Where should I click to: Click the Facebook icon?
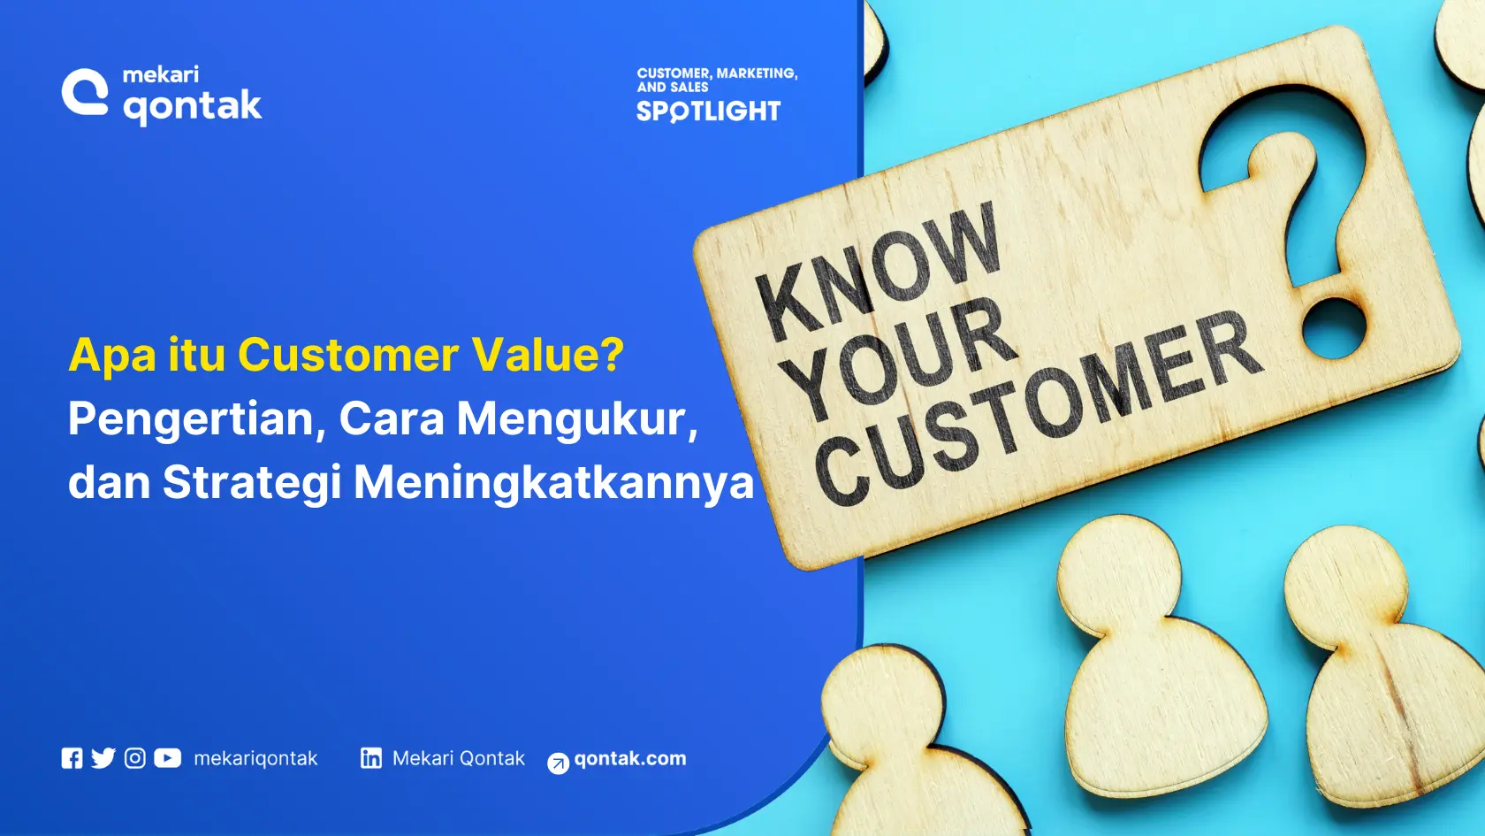click(x=72, y=758)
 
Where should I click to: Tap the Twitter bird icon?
click(x=103, y=758)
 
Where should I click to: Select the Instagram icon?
click(x=134, y=758)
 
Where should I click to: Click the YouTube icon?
click(x=167, y=758)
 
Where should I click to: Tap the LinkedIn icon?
click(x=371, y=758)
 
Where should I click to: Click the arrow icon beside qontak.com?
click(x=558, y=763)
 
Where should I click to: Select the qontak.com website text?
click(x=630, y=758)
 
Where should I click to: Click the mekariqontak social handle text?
click(x=255, y=758)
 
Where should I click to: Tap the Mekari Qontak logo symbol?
click(x=85, y=92)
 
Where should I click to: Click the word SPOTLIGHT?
click(x=708, y=111)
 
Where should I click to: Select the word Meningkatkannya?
click(x=553, y=483)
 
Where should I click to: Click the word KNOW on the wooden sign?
click(x=879, y=271)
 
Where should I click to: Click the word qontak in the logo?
click(x=192, y=106)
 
